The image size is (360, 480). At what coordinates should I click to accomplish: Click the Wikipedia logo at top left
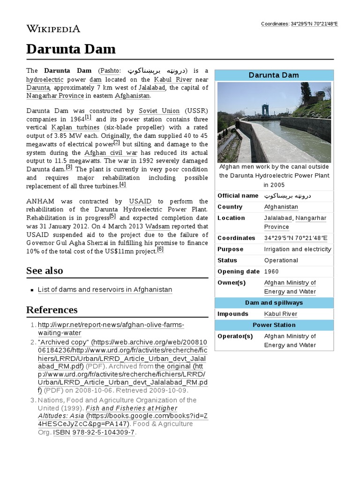coord(53,29)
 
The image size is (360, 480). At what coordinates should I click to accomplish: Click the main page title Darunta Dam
coord(71,49)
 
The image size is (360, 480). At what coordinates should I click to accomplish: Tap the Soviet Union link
coord(159,111)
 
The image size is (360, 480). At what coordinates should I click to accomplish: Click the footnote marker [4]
coord(123,185)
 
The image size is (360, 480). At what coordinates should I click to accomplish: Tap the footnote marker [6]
coord(160,249)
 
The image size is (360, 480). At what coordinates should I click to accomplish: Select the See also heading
coord(45,270)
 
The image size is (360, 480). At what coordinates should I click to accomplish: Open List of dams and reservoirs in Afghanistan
coord(105,290)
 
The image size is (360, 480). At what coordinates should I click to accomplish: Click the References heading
coord(52,310)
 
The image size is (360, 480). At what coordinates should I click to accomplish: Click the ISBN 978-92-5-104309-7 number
coord(102,432)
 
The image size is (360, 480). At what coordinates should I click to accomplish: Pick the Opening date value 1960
coord(271,271)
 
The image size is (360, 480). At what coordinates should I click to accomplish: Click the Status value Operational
coord(281,260)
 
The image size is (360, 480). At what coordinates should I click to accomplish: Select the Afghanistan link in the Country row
coord(281,207)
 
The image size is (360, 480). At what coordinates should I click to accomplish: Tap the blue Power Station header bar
coord(274,325)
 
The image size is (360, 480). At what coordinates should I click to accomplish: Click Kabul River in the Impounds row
coord(280,314)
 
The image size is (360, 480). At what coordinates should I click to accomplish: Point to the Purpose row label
coord(230,249)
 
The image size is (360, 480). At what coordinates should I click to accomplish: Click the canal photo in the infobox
coord(274,122)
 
